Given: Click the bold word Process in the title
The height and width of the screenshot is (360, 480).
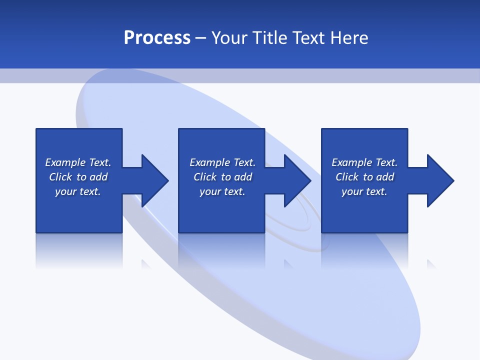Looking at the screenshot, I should pos(157,38).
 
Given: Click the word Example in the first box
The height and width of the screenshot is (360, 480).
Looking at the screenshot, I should pos(65,162).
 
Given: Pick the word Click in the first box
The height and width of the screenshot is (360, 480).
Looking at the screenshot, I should pos(60,177).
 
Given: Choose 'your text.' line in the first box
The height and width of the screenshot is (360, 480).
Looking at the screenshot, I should pos(78,191).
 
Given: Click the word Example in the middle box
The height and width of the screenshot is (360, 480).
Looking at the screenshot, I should pos(209,162).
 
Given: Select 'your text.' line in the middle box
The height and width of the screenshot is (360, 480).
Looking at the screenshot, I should pos(222,191).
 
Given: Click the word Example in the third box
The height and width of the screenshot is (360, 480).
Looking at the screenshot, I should pos(351,162).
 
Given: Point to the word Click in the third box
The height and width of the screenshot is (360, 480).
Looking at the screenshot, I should pos(347,177).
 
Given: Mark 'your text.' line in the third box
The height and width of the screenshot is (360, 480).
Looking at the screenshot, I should pos(364,191).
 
